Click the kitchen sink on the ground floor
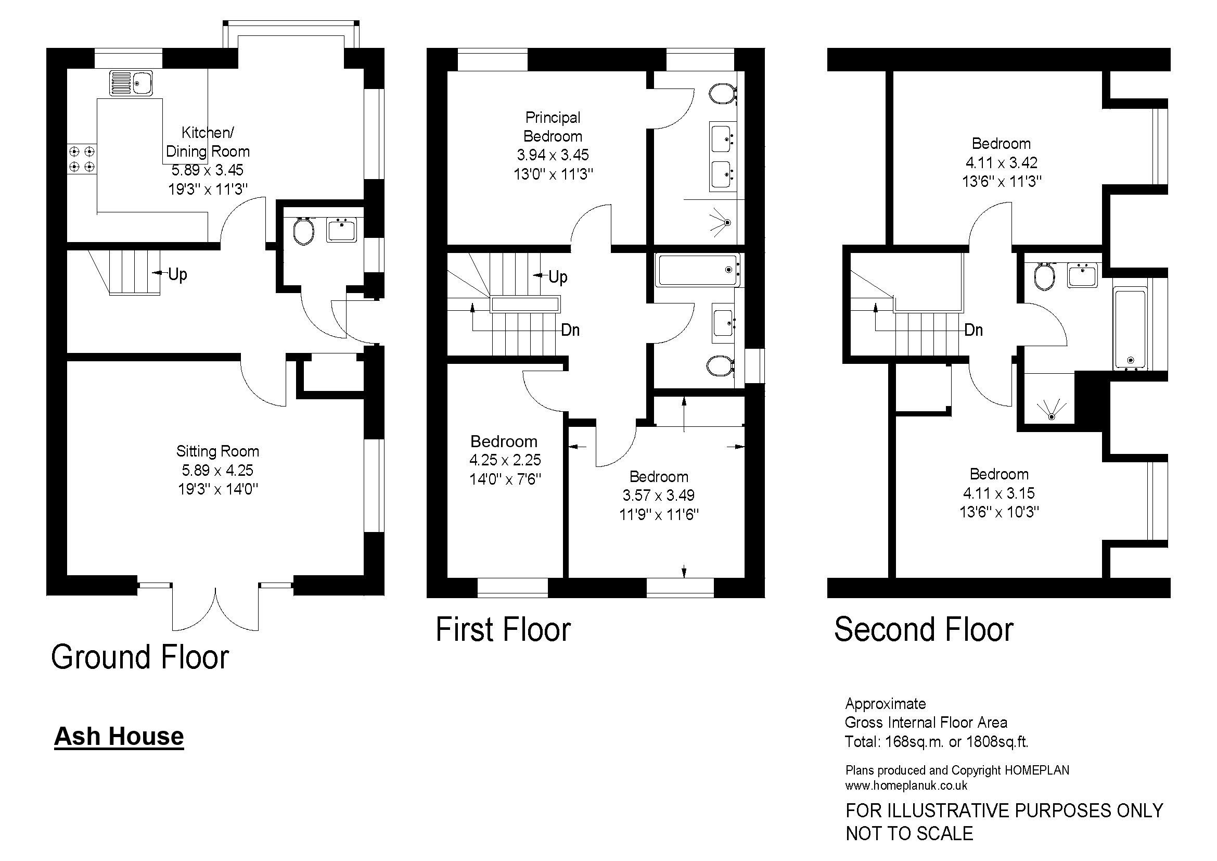[131, 83]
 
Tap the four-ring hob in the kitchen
[82, 159]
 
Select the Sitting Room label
[218, 451]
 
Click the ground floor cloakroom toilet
[304, 232]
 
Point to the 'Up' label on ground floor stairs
[177, 275]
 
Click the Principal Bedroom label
[553, 126]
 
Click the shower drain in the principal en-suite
[727, 223]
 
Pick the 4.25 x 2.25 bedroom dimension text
[505, 460]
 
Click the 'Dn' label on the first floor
[570, 331]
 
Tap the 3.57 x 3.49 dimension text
[659, 495]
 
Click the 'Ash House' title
[119, 737]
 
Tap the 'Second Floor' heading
[924, 630]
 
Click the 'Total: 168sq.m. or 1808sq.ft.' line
[937, 742]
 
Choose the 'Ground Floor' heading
[140, 657]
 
